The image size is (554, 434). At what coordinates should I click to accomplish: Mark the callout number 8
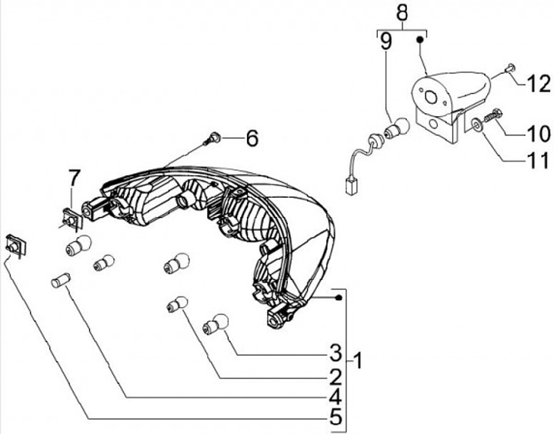pos(401,13)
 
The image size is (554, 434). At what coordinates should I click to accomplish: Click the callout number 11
pos(536,161)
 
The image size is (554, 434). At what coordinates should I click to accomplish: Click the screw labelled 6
pos(212,139)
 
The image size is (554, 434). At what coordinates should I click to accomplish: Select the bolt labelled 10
pos(493,115)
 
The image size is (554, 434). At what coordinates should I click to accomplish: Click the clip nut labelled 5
pos(15,245)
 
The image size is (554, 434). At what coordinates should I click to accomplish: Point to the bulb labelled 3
pos(215,323)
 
